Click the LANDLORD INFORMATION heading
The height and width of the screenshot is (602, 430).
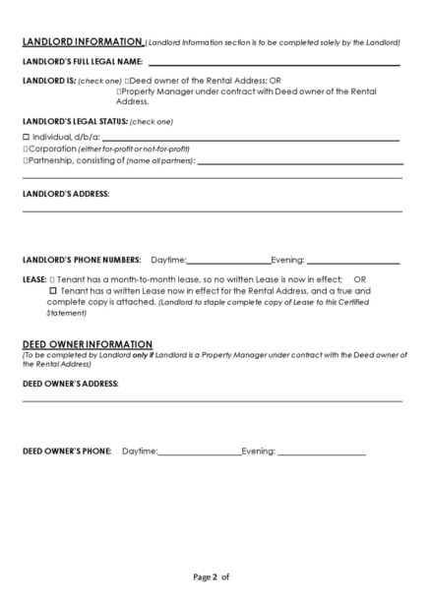coord(82,42)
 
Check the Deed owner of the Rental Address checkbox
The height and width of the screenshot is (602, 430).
coord(129,80)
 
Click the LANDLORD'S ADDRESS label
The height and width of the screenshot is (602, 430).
coord(65,194)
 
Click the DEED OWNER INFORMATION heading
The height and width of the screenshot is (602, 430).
coord(86,344)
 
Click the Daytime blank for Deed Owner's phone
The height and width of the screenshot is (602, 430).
coord(200,451)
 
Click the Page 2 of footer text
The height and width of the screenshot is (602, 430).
coord(212,576)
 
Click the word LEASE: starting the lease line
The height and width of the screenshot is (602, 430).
coord(34,279)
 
